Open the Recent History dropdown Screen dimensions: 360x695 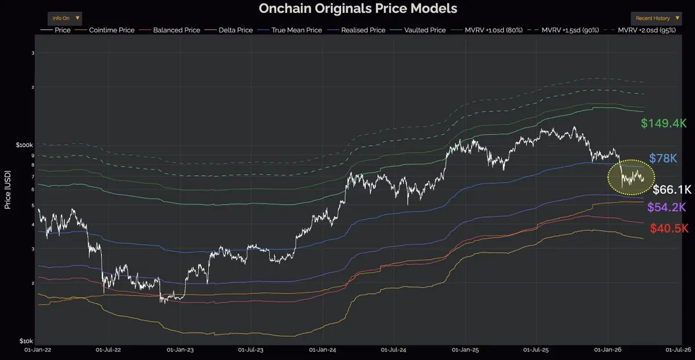[x=657, y=18]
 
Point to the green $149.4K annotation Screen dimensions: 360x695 [x=663, y=123]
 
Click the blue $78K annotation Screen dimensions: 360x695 [x=663, y=158]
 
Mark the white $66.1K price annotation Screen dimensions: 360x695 [x=672, y=190]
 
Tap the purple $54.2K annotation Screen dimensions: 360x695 [x=667, y=207]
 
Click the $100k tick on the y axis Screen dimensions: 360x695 [x=24, y=144]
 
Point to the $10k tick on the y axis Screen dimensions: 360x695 [x=26, y=341]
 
